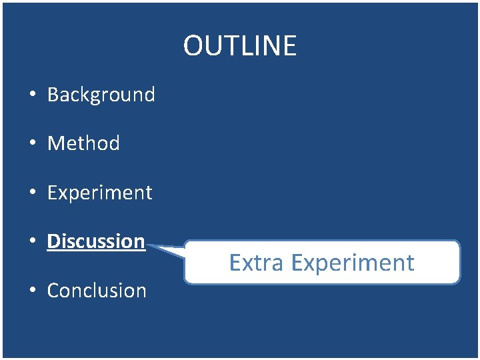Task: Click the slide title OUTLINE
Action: (x=239, y=46)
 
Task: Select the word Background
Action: (x=101, y=95)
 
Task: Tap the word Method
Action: (x=83, y=143)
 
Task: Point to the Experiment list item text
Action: (x=100, y=193)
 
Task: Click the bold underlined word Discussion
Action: (x=96, y=241)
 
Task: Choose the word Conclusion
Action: (x=97, y=291)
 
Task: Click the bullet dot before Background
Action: (x=32, y=95)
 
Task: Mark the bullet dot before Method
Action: (x=32, y=144)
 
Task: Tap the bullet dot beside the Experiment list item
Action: (x=32, y=193)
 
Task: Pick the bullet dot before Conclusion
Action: (x=32, y=291)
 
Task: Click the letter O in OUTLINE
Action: (x=193, y=46)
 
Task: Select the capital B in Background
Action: (x=53, y=95)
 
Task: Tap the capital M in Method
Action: (x=55, y=143)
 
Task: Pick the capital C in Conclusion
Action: (x=53, y=291)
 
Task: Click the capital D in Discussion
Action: (x=53, y=241)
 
